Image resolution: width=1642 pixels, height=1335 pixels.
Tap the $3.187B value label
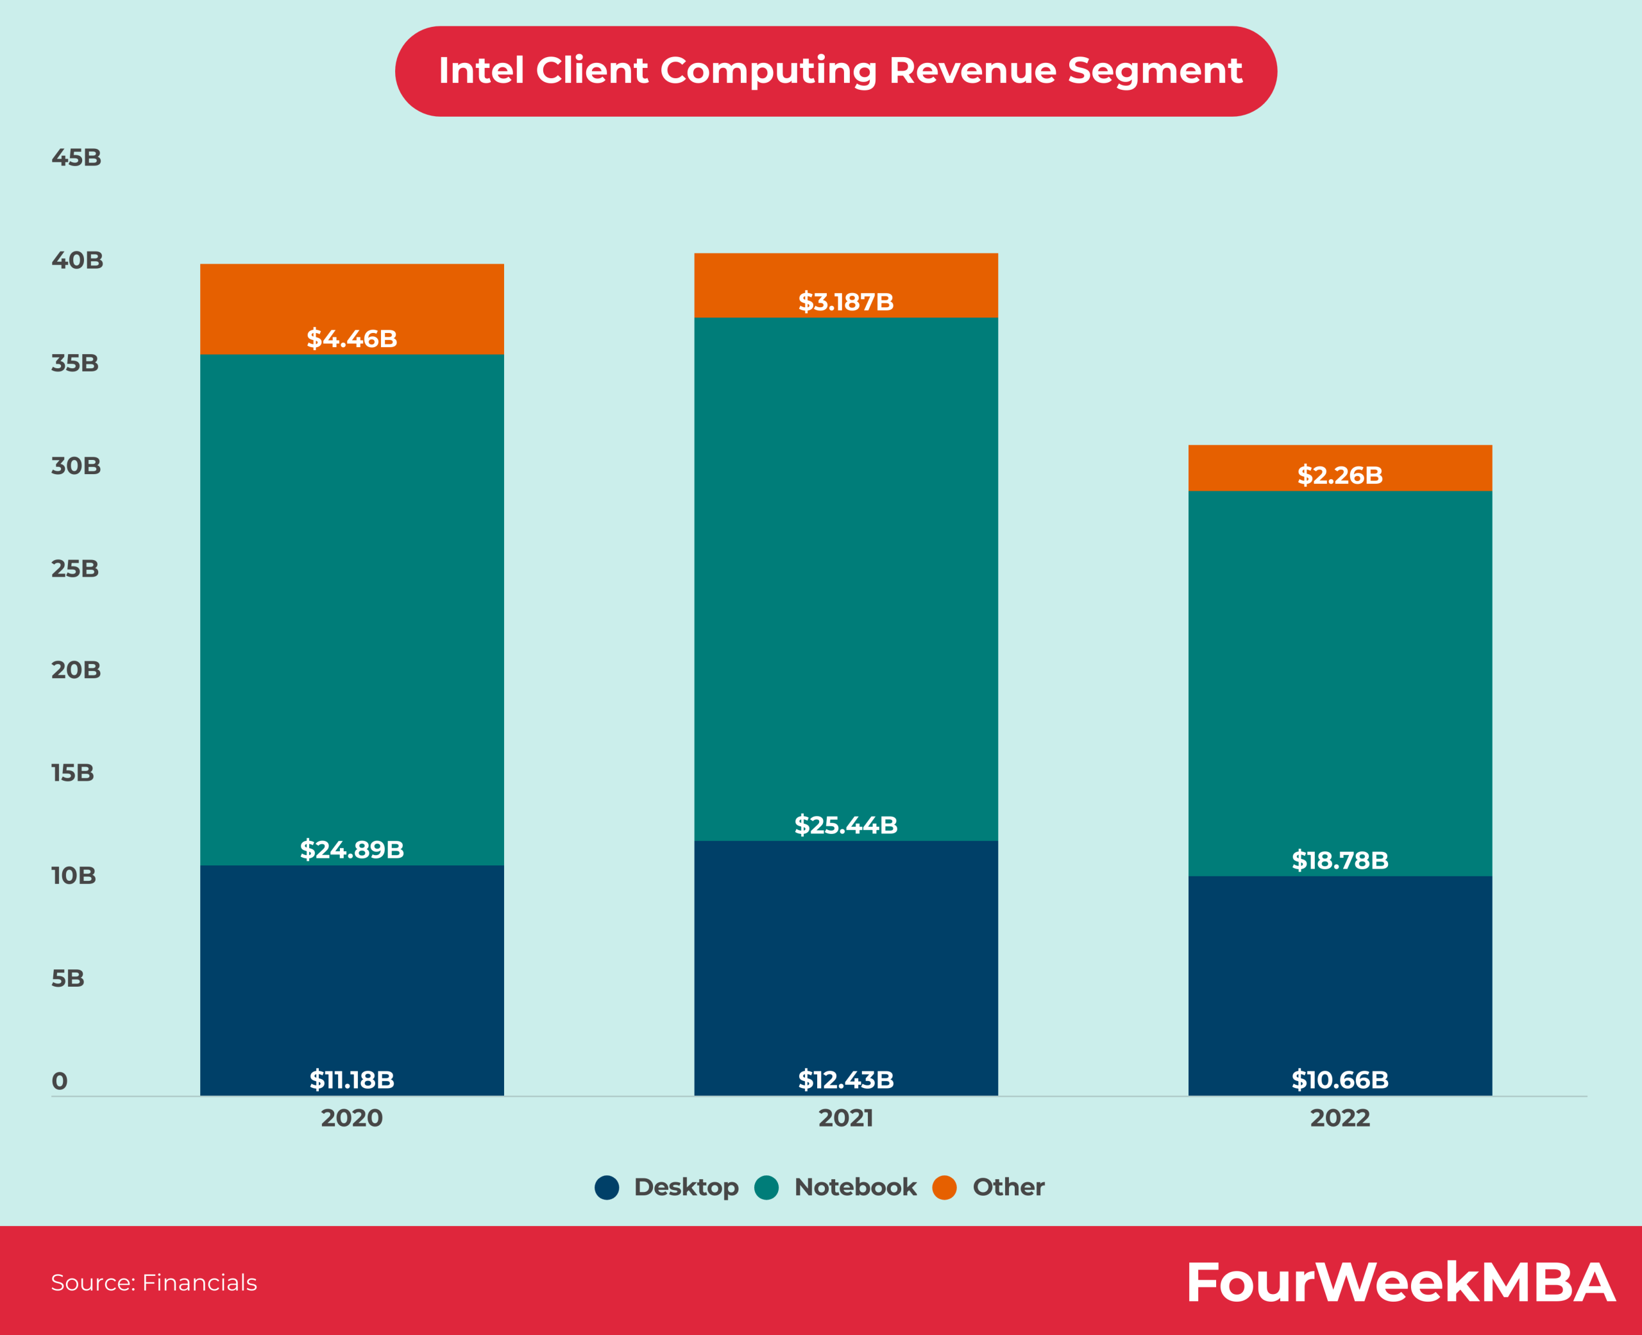(845, 302)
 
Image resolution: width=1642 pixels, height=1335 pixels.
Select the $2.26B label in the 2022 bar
(1340, 475)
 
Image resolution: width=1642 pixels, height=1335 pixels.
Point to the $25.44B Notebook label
(845, 825)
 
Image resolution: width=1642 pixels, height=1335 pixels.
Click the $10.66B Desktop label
(1340, 1080)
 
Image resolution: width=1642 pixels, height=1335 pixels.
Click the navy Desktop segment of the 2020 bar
(351, 969)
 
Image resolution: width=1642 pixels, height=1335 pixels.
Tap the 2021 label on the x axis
(845, 1118)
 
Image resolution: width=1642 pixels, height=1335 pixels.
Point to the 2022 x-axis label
(1340, 1118)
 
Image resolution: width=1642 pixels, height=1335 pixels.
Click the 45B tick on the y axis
(76, 158)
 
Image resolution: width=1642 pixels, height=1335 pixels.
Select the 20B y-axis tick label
(76, 670)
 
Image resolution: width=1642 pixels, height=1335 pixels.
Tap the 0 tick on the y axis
(59, 1081)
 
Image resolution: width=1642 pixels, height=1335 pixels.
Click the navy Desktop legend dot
(607, 1187)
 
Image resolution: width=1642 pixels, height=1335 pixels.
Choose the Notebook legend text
(855, 1187)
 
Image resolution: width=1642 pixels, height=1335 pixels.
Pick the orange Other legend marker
(944, 1187)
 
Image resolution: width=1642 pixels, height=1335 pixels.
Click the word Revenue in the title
(972, 71)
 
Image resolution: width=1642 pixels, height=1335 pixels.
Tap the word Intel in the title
(481, 71)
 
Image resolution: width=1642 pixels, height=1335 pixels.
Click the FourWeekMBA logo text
(1401, 1282)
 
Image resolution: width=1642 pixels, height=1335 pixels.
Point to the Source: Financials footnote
(154, 1282)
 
